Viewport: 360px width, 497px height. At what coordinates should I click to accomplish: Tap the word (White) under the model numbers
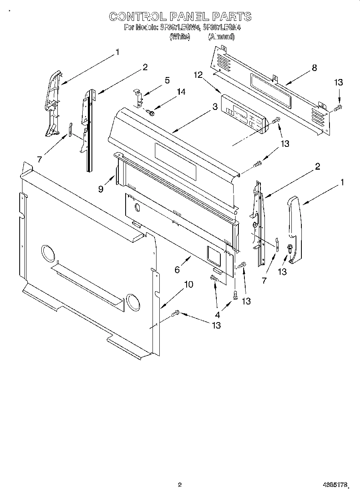(179, 37)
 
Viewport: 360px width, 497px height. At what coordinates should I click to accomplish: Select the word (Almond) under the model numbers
(221, 37)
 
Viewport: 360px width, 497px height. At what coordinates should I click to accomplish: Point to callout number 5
(167, 80)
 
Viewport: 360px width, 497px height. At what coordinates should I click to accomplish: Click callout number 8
(314, 68)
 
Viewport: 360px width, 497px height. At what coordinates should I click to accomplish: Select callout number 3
(215, 107)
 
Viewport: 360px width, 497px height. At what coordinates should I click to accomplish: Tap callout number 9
(101, 189)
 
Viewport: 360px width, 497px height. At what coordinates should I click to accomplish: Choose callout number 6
(177, 270)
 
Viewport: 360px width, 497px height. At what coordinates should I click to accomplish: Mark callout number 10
(188, 284)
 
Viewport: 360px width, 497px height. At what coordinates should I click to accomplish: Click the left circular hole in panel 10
(48, 254)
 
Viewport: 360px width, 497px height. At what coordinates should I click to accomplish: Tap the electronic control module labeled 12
(244, 113)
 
